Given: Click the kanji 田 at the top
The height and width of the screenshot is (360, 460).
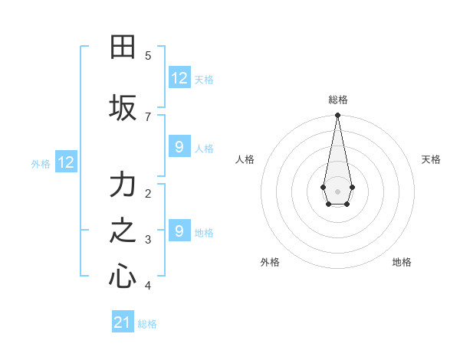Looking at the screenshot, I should point(123,47).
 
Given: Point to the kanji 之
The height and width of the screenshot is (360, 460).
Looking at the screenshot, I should point(123,231).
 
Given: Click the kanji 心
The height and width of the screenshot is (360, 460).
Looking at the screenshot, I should point(123,277).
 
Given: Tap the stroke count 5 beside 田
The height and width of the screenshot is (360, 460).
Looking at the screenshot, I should point(148,55).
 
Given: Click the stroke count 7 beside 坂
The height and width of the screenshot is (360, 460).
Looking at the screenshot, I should point(148,116).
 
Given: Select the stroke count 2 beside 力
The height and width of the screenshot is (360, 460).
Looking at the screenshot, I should point(148,193).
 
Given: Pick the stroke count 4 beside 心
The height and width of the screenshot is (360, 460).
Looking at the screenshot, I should point(148,286).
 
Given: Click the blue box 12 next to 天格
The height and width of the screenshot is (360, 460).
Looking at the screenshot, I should point(179,78).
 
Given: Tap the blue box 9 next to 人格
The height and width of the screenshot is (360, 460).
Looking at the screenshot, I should point(179,147).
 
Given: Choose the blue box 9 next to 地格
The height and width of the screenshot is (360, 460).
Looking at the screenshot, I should point(179,231).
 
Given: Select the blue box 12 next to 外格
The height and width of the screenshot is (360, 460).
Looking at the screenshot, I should point(65,162).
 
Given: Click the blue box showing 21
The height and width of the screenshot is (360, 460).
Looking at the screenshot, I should point(122,322).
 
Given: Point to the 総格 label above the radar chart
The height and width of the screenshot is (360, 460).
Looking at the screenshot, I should point(338,100).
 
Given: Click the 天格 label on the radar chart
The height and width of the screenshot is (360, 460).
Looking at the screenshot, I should point(431,159).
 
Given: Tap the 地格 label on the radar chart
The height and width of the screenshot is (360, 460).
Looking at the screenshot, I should point(402,262).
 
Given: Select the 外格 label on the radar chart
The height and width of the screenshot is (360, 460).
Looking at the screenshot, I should point(270,262).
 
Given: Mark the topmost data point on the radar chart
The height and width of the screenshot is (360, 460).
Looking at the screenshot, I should point(337,116).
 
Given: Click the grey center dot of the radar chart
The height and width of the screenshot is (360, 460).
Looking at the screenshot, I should point(337,190).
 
